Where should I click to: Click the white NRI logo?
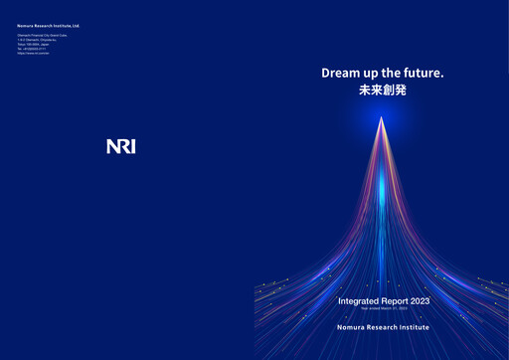click(x=120, y=147)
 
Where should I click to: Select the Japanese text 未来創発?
click(x=383, y=90)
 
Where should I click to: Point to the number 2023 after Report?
click(x=419, y=300)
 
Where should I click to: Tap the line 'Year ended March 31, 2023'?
click(x=383, y=309)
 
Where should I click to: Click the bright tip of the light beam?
click(x=381, y=120)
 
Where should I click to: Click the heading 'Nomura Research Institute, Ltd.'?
click(x=48, y=27)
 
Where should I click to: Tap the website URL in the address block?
click(x=33, y=52)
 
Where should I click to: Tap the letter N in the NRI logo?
click(x=111, y=147)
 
